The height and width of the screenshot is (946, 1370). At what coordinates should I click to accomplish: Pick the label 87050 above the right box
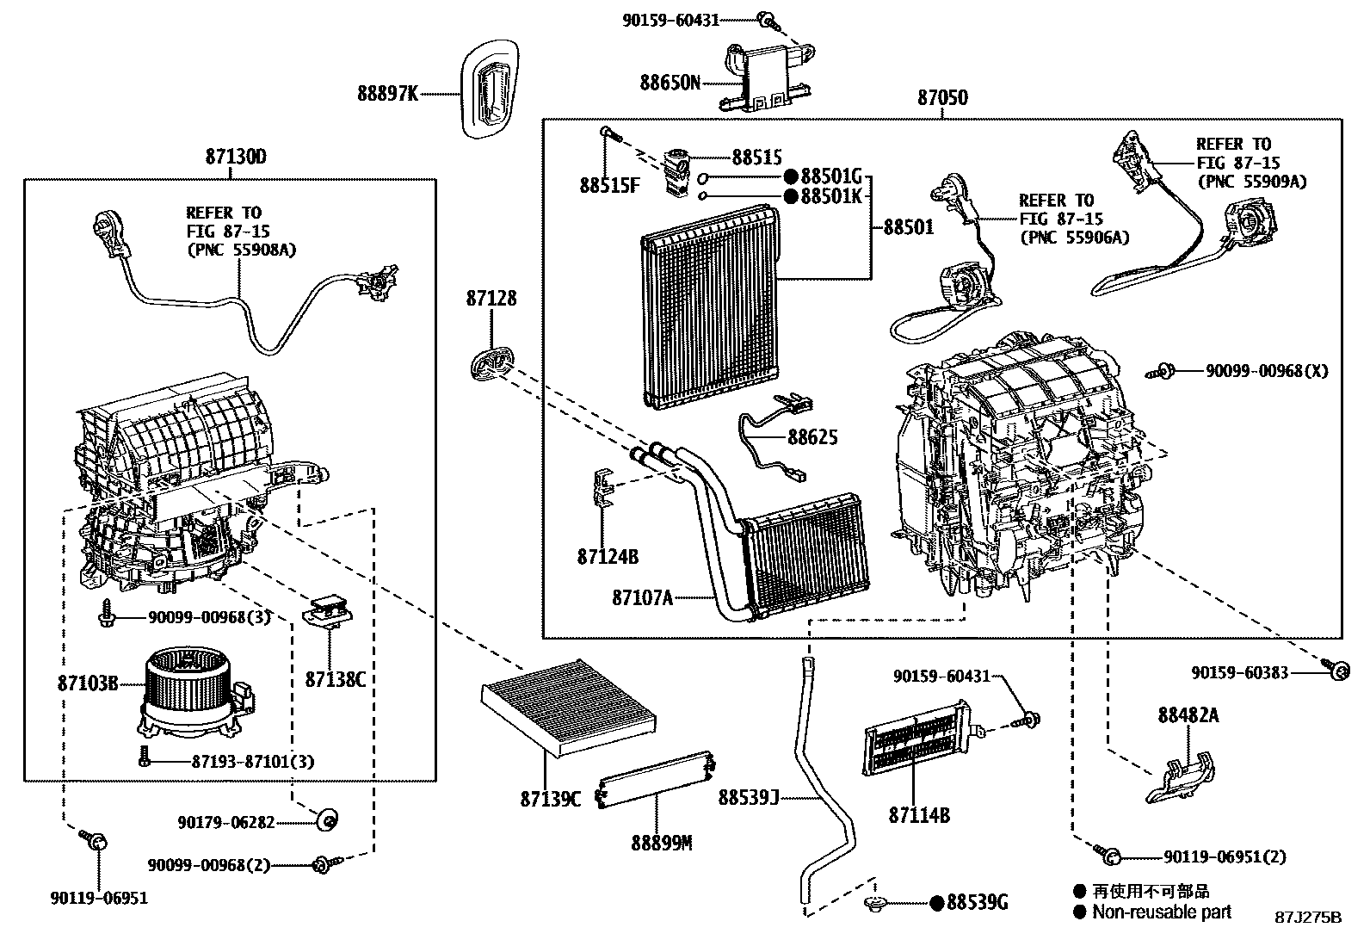tap(941, 98)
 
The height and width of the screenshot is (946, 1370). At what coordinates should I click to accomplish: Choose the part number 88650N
tap(670, 83)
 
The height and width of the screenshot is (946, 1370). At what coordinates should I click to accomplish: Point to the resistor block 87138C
tap(329, 613)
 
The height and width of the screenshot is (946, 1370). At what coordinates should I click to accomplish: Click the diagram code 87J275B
tap(1307, 917)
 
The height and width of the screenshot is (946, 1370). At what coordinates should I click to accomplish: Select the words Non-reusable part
tap(1162, 912)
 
